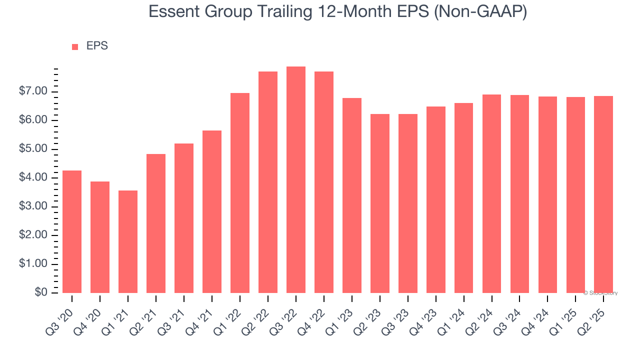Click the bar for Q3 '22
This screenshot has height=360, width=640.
coord(296,180)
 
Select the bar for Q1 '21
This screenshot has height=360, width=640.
coord(128,242)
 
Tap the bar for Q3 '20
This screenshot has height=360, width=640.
coord(72,232)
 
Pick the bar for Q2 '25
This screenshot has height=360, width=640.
coord(603,194)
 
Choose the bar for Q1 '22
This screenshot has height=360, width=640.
coord(240,193)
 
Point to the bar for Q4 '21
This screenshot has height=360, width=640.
coord(212,212)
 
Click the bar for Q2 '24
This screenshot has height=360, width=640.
coord(491,194)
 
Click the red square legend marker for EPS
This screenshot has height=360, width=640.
coord(75,46)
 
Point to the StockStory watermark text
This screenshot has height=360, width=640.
coord(601,293)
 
